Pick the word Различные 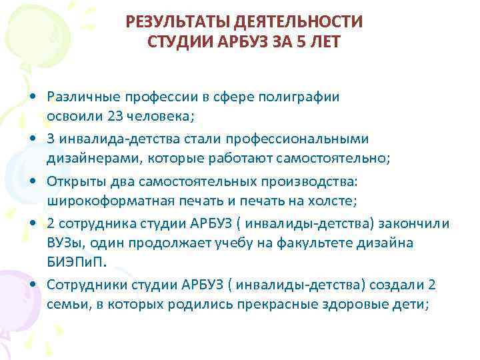(79, 97)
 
